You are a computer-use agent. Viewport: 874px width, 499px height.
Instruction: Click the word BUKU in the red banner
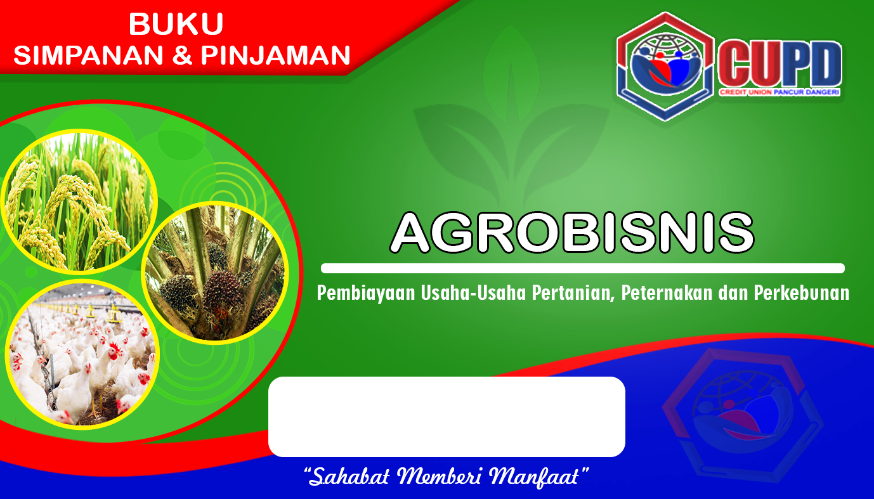tap(176, 24)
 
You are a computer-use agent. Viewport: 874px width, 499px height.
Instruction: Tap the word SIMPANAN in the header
tap(88, 55)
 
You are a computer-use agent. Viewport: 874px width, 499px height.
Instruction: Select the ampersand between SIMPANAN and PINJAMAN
tap(182, 55)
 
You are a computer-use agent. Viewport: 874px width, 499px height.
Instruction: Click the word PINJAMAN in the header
tap(275, 55)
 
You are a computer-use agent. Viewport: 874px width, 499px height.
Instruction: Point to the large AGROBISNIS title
tap(572, 233)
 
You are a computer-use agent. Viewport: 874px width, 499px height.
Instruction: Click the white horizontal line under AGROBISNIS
tap(583, 268)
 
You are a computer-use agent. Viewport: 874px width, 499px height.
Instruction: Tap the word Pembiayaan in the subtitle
tap(366, 294)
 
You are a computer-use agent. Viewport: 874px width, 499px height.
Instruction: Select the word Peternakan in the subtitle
tap(667, 293)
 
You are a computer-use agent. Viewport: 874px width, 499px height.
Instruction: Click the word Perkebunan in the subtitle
tap(802, 293)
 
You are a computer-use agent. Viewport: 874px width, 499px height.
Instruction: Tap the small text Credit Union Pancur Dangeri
tap(779, 93)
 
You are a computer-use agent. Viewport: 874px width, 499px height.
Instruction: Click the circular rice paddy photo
tap(79, 201)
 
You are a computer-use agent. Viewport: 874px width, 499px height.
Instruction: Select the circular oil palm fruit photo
tap(215, 273)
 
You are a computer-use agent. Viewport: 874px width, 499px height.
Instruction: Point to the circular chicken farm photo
tap(82, 354)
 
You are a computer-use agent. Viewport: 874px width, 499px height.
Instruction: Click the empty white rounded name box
tap(447, 417)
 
